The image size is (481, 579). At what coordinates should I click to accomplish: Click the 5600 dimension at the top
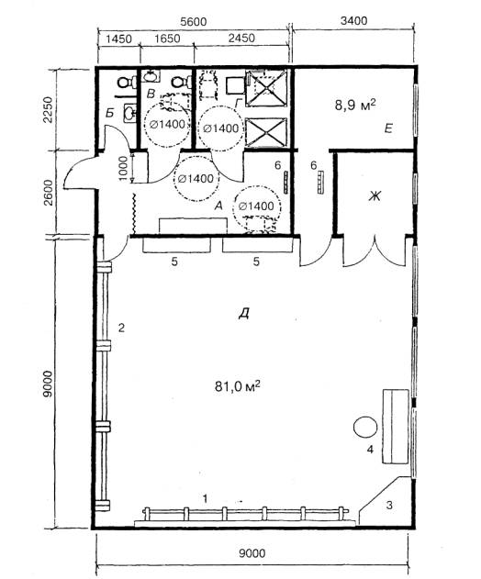[193, 21]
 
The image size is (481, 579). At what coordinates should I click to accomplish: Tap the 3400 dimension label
[353, 21]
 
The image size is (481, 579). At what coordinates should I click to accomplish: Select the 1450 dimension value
[118, 39]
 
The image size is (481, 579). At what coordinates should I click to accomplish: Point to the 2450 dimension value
[241, 38]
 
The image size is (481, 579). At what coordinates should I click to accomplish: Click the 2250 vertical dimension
[48, 110]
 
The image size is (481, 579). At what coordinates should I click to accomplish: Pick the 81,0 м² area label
[237, 387]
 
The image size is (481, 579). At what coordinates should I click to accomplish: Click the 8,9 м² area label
[355, 106]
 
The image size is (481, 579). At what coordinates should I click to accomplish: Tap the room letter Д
[242, 314]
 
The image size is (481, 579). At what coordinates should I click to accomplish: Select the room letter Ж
[374, 196]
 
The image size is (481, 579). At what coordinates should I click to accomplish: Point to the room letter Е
[388, 128]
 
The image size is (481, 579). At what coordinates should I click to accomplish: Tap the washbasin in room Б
[129, 113]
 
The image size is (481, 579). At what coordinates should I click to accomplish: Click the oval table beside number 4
[365, 428]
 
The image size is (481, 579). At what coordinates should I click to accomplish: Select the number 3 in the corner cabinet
[389, 505]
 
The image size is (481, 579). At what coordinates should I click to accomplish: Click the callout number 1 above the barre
[205, 499]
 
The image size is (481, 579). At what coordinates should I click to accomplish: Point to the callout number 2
[121, 328]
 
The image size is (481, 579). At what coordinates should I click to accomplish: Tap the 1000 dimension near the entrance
[124, 168]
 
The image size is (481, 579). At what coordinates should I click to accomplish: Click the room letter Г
[239, 105]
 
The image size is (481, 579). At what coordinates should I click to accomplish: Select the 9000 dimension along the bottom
[252, 553]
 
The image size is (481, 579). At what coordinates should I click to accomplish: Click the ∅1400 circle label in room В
[167, 125]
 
